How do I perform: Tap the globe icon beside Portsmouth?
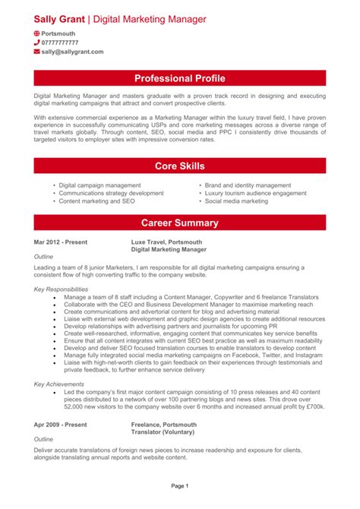coord(37,34)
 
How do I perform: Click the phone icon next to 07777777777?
coord(37,43)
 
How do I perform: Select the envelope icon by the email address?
coord(37,53)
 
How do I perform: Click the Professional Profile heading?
coord(180,78)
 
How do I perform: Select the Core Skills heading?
coord(180,166)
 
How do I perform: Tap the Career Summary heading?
coord(180,223)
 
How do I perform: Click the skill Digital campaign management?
coord(99,185)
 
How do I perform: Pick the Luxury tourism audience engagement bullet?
coord(255,193)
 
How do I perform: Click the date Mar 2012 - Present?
coord(61,242)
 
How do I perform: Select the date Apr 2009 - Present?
coord(61,425)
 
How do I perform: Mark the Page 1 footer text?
coord(180,485)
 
